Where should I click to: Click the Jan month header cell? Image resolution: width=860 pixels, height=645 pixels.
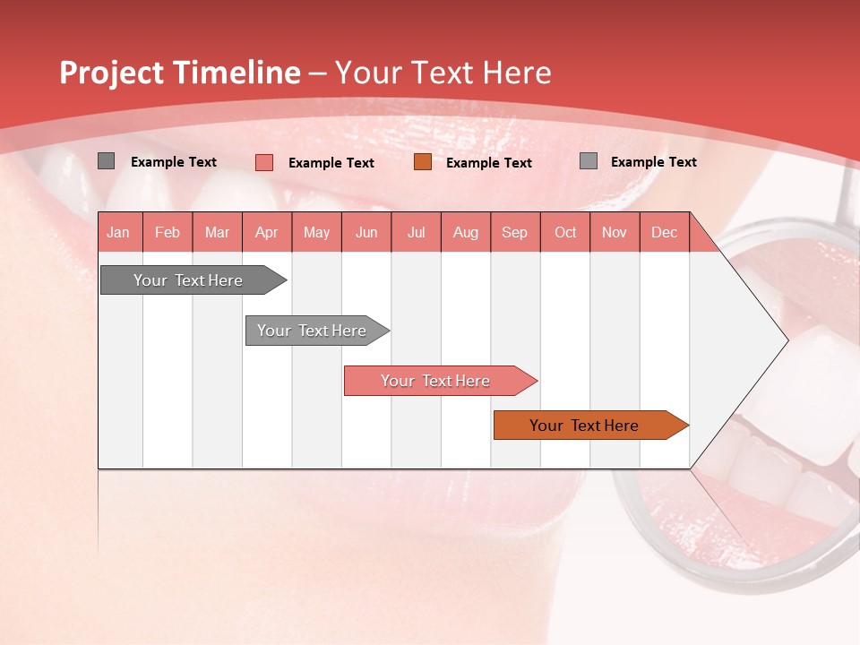119,232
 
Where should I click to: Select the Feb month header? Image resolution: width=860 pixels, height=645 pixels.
168,232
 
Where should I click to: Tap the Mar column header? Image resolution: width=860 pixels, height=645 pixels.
217,232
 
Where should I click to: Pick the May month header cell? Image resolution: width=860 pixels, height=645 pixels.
316,232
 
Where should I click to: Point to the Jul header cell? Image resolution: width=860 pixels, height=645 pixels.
416,232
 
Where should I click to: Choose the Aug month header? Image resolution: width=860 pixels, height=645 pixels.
466,232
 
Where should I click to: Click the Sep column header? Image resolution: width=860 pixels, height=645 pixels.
515,232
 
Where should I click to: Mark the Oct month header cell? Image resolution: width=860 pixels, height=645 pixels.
565,232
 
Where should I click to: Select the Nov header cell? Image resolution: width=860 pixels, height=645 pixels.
615,232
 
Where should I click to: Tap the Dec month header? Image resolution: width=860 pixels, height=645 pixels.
664,232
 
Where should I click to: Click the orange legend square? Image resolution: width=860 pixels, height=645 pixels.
423,162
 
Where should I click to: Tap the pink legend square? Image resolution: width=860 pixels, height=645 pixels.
264,162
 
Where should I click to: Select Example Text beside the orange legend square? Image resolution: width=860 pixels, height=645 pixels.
489,163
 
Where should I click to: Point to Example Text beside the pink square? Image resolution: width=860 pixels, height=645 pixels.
331,163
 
